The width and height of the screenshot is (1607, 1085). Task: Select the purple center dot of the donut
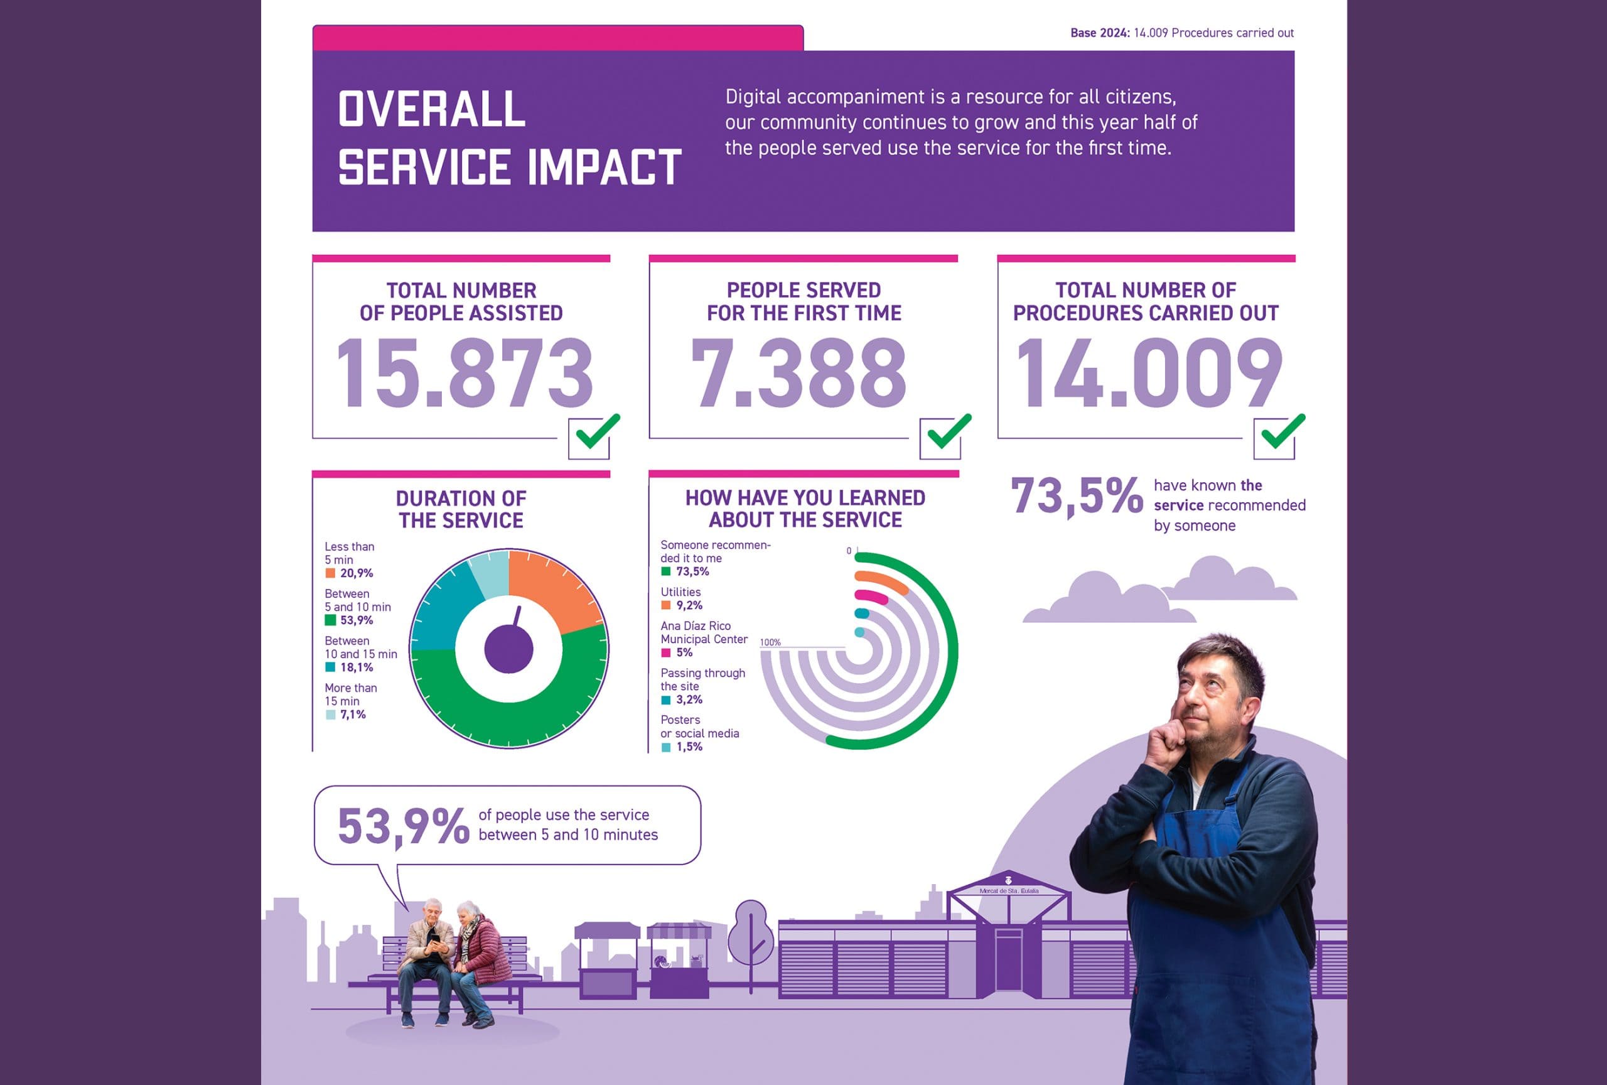click(x=509, y=649)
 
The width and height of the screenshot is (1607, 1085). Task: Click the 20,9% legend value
click(x=356, y=573)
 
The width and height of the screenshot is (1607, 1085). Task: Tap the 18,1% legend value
click(x=356, y=667)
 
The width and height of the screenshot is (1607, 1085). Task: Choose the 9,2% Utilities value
click(x=689, y=606)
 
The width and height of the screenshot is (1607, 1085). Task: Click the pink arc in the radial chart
click(x=871, y=596)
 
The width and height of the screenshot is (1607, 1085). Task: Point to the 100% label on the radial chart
click(x=770, y=642)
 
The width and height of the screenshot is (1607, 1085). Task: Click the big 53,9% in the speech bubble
click(x=403, y=826)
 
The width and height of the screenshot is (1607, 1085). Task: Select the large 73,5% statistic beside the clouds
click(x=1076, y=496)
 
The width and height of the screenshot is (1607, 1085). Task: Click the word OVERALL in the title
click(x=432, y=109)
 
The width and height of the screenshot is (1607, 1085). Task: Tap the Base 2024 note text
click(x=1182, y=33)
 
